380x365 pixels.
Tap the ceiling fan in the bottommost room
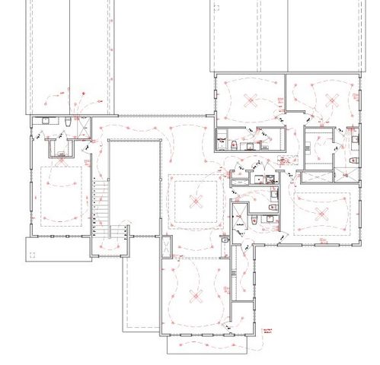coord(197,294)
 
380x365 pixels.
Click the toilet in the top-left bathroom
coord(68,124)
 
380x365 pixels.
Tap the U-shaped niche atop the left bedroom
coord(59,148)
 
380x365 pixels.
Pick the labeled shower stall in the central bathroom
coord(238,214)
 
